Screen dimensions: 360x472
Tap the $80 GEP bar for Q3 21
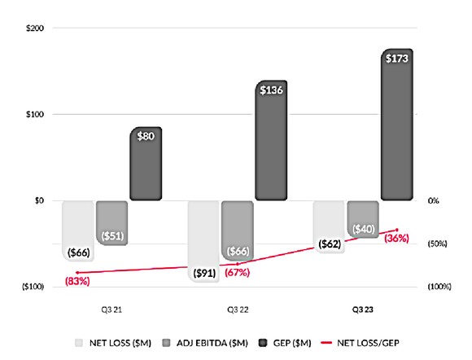click(146, 163)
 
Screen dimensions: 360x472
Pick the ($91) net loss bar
click(203, 240)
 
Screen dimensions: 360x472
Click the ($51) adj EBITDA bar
click(112, 222)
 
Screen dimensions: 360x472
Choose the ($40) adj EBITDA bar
click(363, 218)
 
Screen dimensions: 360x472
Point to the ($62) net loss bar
click(329, 226)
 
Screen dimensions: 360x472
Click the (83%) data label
click(78, 282)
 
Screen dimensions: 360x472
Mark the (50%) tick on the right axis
click(439, 244)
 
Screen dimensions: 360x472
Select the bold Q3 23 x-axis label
click(363, 310)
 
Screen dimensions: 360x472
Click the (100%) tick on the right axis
click(439, 287)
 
